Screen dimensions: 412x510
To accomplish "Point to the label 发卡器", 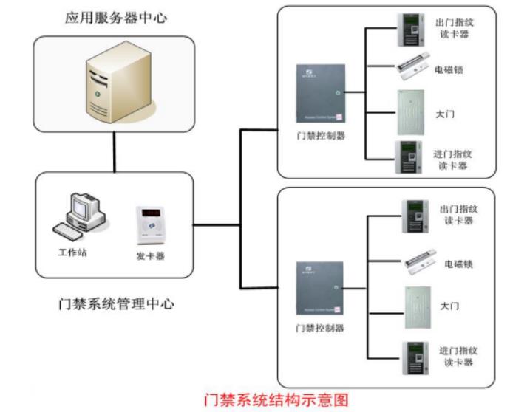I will pos(150,256).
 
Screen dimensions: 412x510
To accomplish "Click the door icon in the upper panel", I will pos(410,112).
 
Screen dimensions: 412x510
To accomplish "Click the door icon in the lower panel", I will pos(416,306).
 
